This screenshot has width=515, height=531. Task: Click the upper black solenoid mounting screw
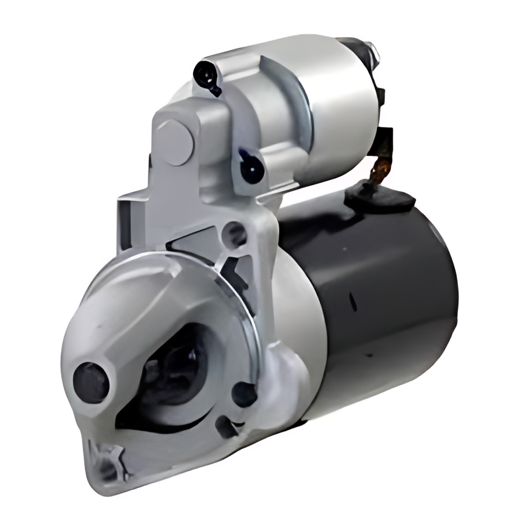pos(206,75)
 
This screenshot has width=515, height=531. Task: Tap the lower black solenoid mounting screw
pos(252,167)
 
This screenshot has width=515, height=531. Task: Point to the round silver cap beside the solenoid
pos(175,143)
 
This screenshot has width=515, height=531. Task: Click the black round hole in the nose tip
pos(90,382)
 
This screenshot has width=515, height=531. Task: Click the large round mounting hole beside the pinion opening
pos(244,395)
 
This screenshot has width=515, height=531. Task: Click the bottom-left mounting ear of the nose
pos(108,460)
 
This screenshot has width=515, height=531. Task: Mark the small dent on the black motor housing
pos(352,302)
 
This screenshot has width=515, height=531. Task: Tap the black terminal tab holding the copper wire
pos(384,140)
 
